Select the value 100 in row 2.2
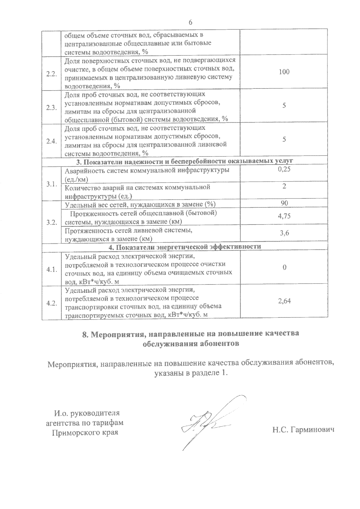click(x=284, y=72)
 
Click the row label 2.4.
click(x=52, y=142)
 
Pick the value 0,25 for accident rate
click(x=284, y=170)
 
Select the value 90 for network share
click(x=284, y=203)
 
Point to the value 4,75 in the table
click(x=284, y=216)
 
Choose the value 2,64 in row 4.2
click(x=284, y=301)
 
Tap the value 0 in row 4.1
click(x=284, y=267)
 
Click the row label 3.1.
click(x=52, y=184)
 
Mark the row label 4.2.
click(x=52, y=303)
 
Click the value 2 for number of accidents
click(x=284, y=186)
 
